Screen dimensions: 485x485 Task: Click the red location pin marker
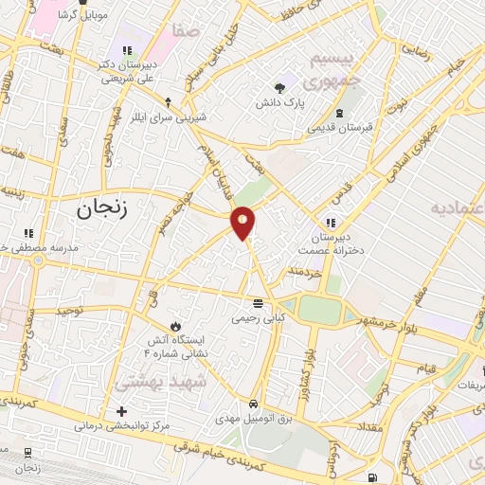coord(243,223)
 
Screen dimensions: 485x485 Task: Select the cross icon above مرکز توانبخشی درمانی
coord(120,411)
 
